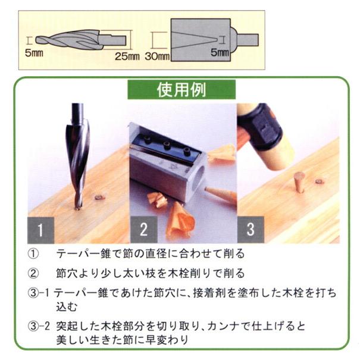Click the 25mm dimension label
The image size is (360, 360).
pos(127,57)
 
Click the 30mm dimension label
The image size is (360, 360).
pos(157,57)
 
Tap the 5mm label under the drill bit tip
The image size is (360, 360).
pos(34,53)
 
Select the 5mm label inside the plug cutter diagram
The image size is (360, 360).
pos(220,52)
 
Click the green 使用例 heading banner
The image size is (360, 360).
pos(181,89)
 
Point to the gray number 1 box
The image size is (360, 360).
pos(40,230)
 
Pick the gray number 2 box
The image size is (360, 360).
pos(144,229)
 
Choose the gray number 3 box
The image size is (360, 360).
pos(251,229)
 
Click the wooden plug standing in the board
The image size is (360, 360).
pos(299,182)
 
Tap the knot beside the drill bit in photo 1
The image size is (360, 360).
pos(100,197)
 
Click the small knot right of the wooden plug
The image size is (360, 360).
pos(319,181)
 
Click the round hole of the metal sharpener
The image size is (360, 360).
pos(199,178)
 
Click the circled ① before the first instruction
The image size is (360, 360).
pos(33,254)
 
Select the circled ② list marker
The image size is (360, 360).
pos(33,274)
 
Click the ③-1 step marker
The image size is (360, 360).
pos(39,293)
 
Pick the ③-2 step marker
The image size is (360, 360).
pos(39,326)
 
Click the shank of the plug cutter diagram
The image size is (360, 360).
pos(248,40)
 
